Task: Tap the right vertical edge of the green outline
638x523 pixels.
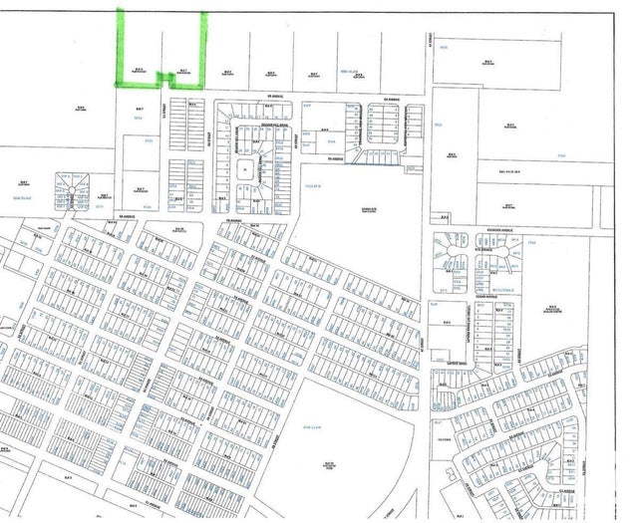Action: (205, 45)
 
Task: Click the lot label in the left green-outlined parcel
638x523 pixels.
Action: (140, 71)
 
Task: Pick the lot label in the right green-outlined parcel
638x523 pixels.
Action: (183, 71)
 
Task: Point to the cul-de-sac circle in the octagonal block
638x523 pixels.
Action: (77, 183)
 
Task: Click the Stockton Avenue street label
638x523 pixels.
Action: (493, 230)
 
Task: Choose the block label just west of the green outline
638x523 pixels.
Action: (80, 108)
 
